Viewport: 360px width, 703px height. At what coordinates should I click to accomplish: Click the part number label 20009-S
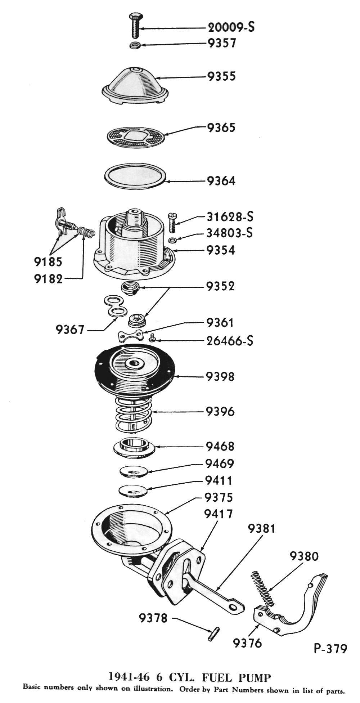coord(231,27)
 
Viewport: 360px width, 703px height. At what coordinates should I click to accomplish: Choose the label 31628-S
coord(230,217)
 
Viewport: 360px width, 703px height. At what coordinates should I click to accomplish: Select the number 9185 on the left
coord(48,262)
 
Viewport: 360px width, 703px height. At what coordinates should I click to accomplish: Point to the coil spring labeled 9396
coord(133,414)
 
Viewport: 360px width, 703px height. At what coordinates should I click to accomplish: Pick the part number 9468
coord(220,447)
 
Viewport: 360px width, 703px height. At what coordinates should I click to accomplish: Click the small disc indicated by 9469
coord(134,471)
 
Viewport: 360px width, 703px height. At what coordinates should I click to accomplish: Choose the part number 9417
coord(218,514)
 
